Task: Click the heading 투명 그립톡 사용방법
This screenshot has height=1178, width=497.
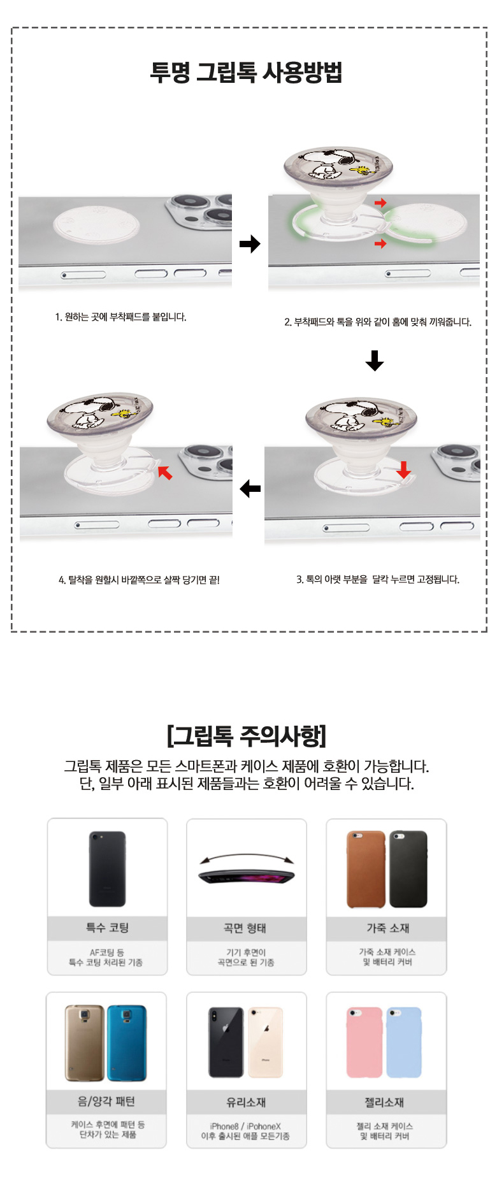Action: coord(246,72)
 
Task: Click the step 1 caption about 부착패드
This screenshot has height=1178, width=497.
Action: coord(121,317)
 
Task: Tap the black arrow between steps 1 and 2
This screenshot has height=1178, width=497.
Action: coord(250,243)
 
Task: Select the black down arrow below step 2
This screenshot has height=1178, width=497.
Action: coord(375,361)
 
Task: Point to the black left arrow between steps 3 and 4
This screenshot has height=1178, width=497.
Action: coord(250,489)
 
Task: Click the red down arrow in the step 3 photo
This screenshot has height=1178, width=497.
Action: coord(403,470)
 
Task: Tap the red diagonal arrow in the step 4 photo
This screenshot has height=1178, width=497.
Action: coord(165,472)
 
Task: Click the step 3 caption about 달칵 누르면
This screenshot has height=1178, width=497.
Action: coord(378,579)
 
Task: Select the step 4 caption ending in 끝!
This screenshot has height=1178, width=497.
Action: coord(139,580)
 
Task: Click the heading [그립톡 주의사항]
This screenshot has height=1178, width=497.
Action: coord(247,736)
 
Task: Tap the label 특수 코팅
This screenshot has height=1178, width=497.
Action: coord(107,928)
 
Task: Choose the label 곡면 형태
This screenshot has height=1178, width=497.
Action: coord(245,928)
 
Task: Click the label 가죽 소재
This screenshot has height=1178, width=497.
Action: coord(387,928)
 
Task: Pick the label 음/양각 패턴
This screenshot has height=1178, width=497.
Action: coord(106,1102)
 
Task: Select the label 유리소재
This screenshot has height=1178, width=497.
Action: coord(246,1102)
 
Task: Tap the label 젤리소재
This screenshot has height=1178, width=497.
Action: coord(384,1102)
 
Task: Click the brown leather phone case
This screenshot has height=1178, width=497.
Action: coord(366,869)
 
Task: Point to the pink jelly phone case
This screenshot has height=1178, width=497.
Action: coord(364,1042)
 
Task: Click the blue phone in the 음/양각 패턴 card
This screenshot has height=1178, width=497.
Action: coord(127,1043)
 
